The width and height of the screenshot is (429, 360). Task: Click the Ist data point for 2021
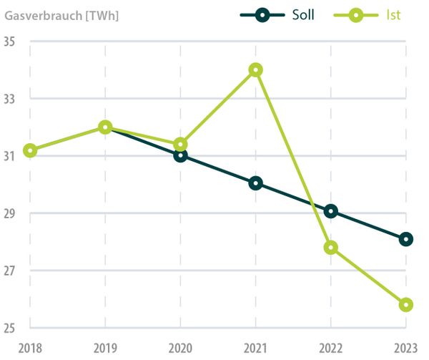pos(256,69)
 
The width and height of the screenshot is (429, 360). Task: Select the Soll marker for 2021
pos(256,183)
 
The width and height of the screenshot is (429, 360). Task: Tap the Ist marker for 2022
pos(330,248)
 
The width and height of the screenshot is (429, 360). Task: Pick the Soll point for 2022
pos(330,211)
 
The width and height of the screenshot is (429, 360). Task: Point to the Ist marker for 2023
pos(406,305)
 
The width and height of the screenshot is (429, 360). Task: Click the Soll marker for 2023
pos(406,239)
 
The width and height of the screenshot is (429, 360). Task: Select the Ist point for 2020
pos(180,144)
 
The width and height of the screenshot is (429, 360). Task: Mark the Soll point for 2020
pos(180,155)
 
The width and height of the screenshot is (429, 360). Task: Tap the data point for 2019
pos(105,127)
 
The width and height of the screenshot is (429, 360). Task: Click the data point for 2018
pos(30,150)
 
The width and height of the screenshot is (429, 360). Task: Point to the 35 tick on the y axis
pos(10,42)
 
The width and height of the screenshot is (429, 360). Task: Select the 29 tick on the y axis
pos(10,214)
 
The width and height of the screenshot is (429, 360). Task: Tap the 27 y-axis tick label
pos(10,271)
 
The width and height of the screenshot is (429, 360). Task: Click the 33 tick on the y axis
pos(10,99)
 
